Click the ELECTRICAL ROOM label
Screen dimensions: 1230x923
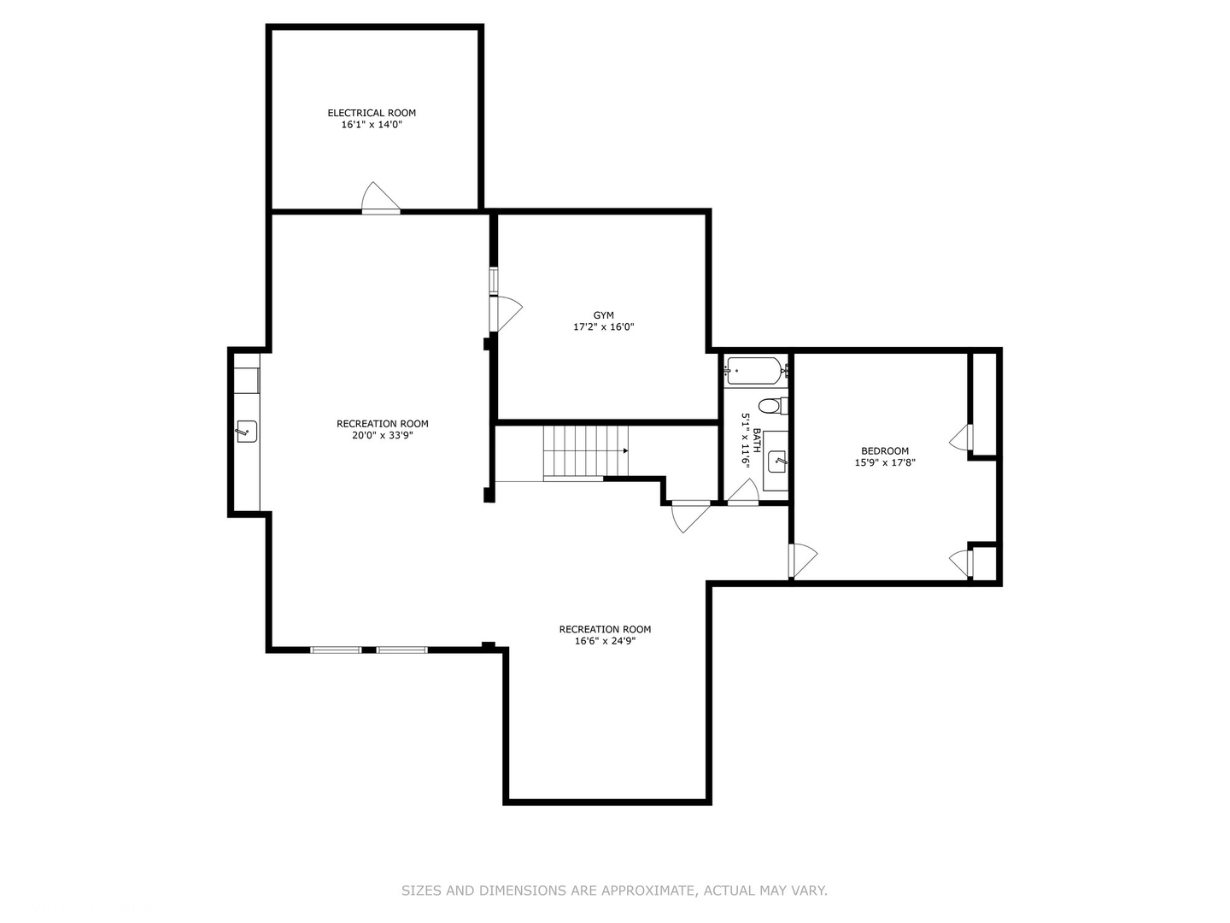372,113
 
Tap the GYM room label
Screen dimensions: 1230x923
604,315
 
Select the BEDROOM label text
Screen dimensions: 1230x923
885,450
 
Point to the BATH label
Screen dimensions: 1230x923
757,440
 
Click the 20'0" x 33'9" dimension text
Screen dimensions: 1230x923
382,436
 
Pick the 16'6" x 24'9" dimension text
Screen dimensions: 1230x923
605,641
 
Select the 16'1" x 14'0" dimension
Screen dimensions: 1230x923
372,125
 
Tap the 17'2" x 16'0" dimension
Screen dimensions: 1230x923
604,326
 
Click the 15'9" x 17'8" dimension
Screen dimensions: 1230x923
885,462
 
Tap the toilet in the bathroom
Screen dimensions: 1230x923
773,405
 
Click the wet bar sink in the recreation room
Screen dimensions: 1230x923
247,432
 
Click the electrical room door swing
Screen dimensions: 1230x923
381,197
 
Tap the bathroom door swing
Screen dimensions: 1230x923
744,492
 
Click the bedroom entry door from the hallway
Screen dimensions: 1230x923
803,561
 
